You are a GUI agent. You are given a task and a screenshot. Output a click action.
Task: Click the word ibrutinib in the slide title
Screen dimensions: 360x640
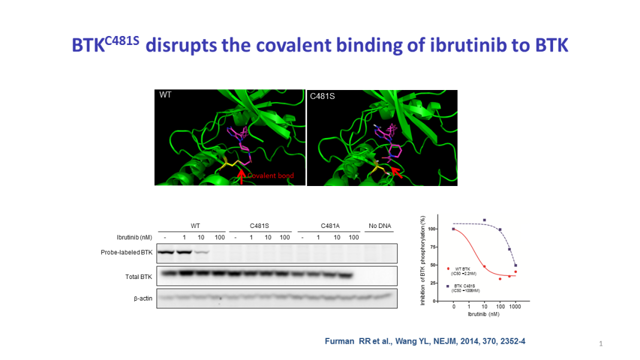[x=459, y=46]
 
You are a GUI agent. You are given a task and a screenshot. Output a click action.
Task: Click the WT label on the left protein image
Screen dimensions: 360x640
[x=165, y=95]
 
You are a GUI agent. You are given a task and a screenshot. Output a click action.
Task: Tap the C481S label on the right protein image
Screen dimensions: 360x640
[x=322, y=96]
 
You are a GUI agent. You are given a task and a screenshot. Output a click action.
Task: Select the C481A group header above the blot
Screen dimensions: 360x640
[x=330, y=226]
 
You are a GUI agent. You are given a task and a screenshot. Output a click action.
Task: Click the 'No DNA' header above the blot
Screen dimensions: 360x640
[x=380, y=226]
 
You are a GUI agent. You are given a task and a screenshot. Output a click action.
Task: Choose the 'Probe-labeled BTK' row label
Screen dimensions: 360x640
[x=127, y=253]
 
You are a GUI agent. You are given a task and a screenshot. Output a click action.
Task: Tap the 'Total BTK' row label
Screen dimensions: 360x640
[x=139, y=277]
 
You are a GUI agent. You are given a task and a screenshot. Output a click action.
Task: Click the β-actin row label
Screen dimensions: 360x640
[x=143, y=298]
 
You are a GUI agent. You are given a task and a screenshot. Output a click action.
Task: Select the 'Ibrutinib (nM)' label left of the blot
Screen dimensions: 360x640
[x=134, y=238]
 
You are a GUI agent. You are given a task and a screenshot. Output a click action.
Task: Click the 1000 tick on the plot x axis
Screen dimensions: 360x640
[x=515, y=307]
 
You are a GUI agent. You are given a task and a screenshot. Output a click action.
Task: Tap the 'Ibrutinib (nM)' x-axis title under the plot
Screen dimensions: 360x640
[x=481, y=314]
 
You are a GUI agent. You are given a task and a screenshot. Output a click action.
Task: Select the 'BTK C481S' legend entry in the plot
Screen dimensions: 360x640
[x=465, y=286]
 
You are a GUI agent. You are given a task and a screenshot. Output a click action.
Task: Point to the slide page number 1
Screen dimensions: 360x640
[x=600, y=344]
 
